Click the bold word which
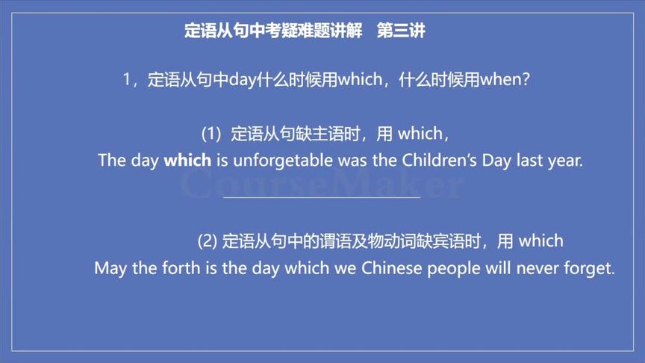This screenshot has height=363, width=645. point(187,161)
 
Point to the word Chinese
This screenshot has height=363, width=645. point(392,268)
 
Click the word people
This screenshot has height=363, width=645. point(455,269)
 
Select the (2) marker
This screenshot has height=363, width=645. point(208,241)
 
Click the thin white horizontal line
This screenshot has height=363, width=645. point(322,198)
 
